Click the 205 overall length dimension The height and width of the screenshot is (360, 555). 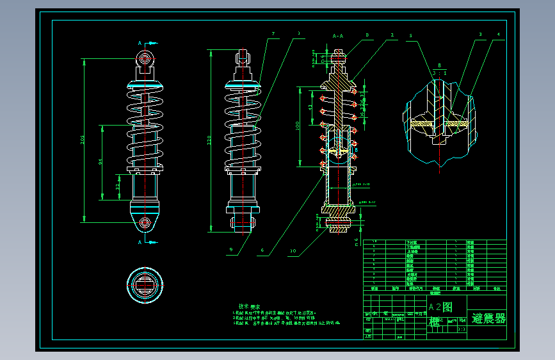[x=82, y=140]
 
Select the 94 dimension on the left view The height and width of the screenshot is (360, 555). [x=100, y=162]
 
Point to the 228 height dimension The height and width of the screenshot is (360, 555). [x=209, y=141]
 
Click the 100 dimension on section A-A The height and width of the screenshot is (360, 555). [x=298, y=126]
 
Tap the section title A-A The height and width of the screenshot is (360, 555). [x=338, y=37]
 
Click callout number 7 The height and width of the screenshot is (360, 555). [x=273, y=33]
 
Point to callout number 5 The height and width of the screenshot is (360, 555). [x=411, y=36]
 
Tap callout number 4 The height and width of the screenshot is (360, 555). [x=498, y=33]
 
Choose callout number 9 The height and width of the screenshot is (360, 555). [x=231, y=250]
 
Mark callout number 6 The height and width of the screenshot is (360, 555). [x=262, y=250]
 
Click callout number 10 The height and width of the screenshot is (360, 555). [x=293, y=250]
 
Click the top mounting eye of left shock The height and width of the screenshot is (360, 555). [x=145, y=59]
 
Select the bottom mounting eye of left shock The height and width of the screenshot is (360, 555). [x=145, y=222]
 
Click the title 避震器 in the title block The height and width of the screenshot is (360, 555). [x=488, y=318]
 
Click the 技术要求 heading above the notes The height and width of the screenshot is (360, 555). [x=249, y=307]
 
